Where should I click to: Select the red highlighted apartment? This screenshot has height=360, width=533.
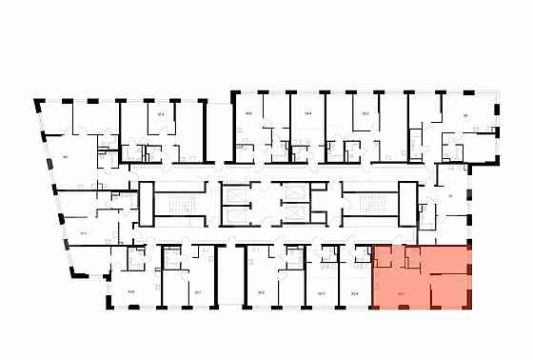point(420,277)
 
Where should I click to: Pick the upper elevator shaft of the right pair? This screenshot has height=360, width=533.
point(296,191)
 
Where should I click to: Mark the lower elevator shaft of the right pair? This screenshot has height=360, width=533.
point(296,216)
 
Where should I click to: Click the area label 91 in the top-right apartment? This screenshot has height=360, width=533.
point(465,115)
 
